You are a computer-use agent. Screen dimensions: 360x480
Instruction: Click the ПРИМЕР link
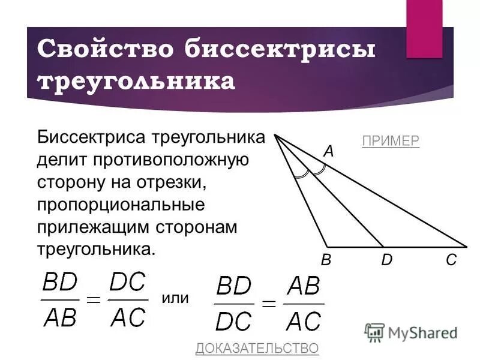pos(391,141)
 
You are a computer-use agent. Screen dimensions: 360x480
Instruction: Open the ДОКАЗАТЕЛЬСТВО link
pos(257,348)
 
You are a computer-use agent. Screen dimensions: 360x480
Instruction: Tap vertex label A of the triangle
pos(328,152)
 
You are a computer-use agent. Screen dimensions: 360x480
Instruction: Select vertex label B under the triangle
pos(326,260)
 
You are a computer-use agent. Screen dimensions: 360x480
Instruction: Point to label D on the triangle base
pos(386,260)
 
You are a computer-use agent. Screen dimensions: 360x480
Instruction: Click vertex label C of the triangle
pos(451,260)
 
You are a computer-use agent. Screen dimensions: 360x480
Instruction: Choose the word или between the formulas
pos(175,298)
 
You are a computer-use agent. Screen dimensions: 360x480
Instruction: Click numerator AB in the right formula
pos(304,287)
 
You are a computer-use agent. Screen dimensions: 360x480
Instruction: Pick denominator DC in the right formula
pos(235,321)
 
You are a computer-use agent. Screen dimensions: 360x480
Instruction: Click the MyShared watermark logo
pos(411,332)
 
